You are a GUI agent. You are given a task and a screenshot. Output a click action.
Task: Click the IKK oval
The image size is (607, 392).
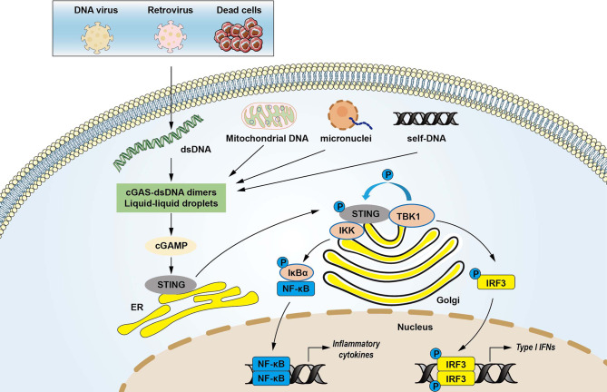[x=349, y=206]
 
